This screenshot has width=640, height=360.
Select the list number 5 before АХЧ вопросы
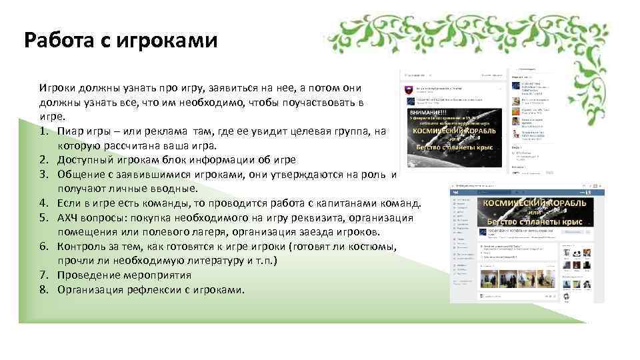tap(43, 218)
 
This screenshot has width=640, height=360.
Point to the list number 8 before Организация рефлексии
tap(43, 290)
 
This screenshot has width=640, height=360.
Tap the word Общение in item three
tap(79, 175)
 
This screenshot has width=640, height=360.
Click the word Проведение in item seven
tap(87, 275)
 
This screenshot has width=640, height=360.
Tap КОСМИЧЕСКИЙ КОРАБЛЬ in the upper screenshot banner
tap(453, 131)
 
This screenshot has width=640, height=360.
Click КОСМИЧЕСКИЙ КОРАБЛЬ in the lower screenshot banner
tap(535, 202)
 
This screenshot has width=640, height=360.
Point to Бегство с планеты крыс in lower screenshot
tap(535, 221)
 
